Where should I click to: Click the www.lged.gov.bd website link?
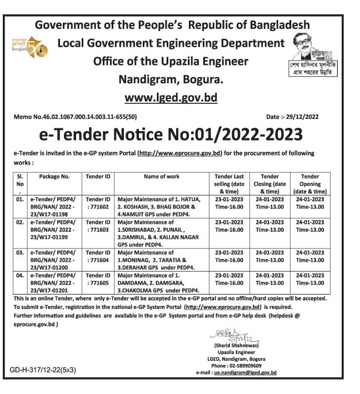click(171, 98)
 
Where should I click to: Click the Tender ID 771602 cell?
click(98, 202)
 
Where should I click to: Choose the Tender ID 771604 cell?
click(98, 256)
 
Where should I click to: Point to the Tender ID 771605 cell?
click(98, 279)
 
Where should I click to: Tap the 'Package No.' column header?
click(54, 176)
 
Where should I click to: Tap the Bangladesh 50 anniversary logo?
click(29, 48)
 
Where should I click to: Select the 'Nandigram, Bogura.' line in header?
click(171, 78)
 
